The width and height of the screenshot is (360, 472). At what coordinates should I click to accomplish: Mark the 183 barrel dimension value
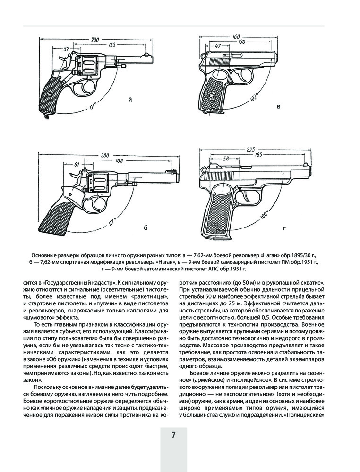click(x=119, y=161)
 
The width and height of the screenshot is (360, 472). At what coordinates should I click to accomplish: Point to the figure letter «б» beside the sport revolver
click(x=145, y=228)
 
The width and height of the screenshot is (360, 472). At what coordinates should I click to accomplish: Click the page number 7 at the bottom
click(x=173, y=435)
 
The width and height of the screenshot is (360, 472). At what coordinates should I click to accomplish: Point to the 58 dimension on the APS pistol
click(x=226, y=159)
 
